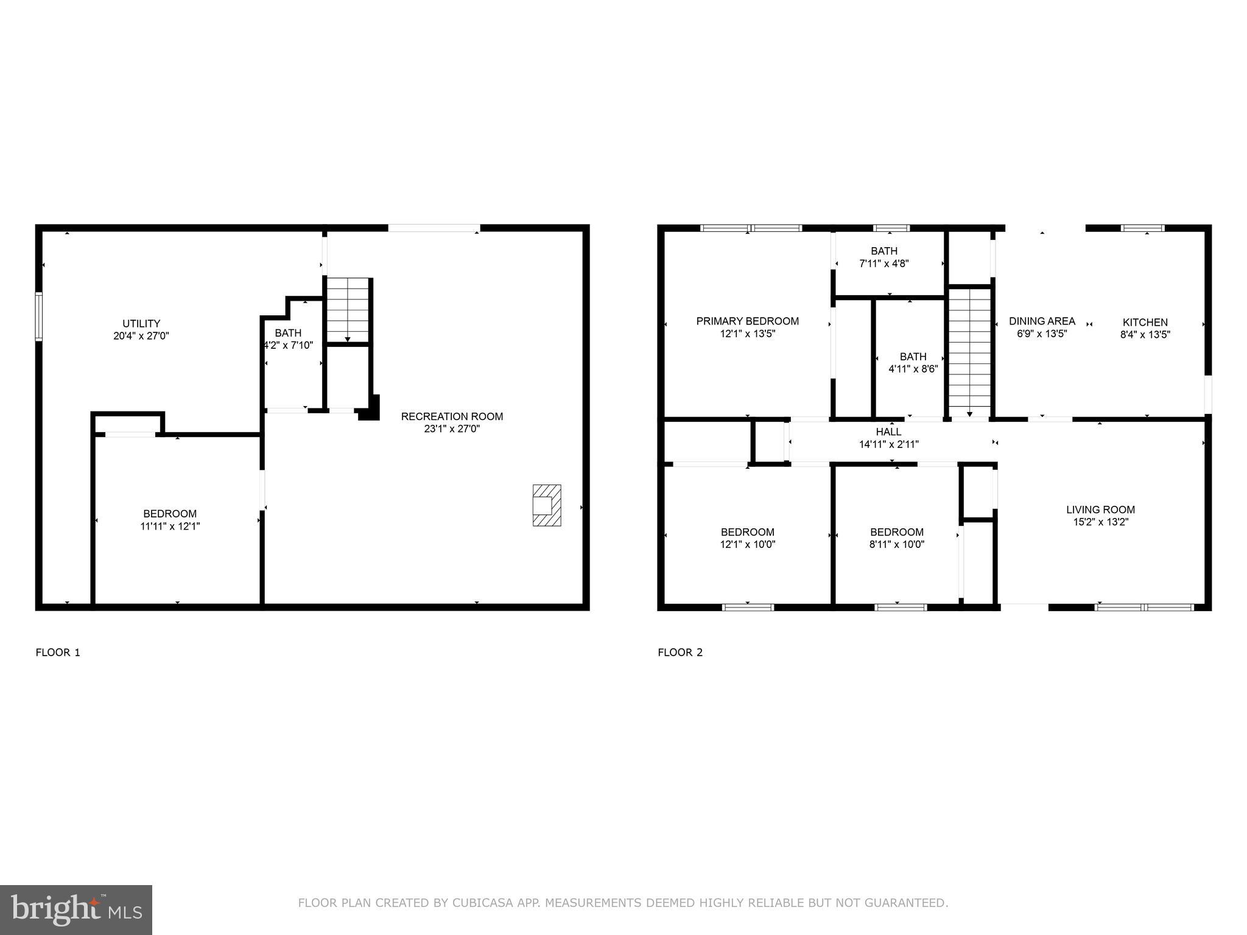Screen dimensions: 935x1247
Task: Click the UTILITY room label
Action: [141, 323]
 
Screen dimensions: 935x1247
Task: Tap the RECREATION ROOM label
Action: [452, 416]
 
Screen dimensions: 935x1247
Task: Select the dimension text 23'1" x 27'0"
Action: [452, 429]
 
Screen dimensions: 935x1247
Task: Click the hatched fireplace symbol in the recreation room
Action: [546, 505]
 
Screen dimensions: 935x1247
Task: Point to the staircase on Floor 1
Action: [348, 310]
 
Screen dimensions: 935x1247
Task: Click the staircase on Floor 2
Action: [969, 353]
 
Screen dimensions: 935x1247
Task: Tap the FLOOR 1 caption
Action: [58, 653]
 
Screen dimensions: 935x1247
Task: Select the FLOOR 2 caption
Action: [680, 653]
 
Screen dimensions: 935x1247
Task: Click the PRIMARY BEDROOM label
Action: [747, 321]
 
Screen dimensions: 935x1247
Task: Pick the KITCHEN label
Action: [1145, 322]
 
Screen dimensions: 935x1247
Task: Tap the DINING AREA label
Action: [1042, 321]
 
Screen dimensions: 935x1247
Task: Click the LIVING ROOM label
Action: [1100, 510]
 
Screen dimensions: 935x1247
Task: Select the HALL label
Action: [888, 432]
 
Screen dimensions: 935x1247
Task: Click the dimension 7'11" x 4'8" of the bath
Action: [883, 264]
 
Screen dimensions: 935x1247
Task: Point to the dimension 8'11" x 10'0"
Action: [896, 545]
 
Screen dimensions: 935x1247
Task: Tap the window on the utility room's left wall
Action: [39, 316]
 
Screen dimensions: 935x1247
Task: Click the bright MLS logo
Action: [76, 909]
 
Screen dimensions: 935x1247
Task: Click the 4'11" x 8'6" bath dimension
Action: [913, 369]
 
